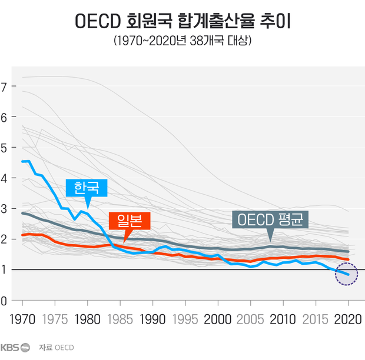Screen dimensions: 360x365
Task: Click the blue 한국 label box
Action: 87,188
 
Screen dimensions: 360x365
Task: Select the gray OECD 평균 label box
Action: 271,220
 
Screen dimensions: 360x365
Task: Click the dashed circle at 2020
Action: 347,274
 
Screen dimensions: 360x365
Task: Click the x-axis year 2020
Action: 347,320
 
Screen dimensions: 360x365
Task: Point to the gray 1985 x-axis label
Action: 121,320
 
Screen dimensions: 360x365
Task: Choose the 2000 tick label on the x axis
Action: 218,320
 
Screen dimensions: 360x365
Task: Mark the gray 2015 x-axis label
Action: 315,320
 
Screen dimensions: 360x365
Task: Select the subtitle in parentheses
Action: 182,42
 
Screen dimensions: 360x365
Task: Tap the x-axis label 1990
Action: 153,320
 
